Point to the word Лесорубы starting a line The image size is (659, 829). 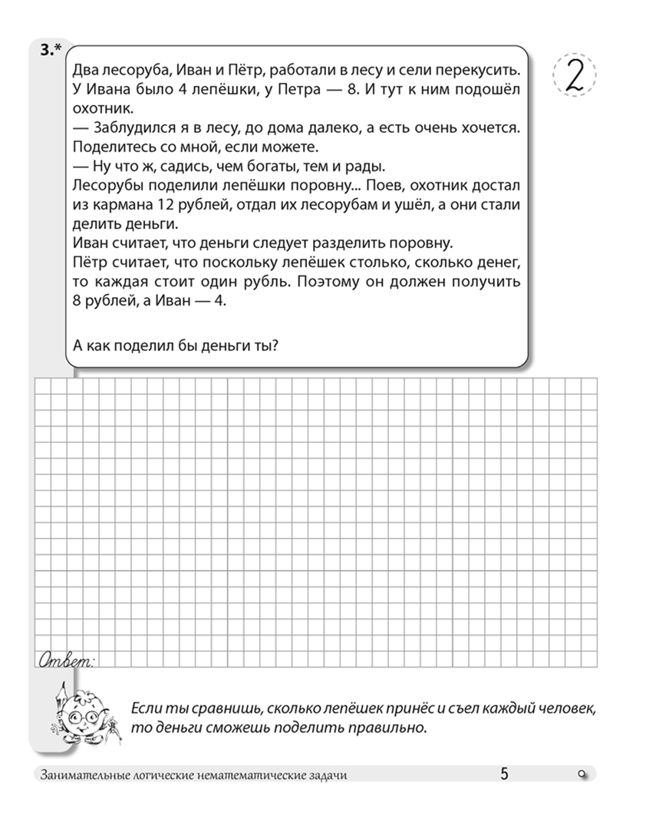coord(103,184)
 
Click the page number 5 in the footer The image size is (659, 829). coord(504,774)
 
